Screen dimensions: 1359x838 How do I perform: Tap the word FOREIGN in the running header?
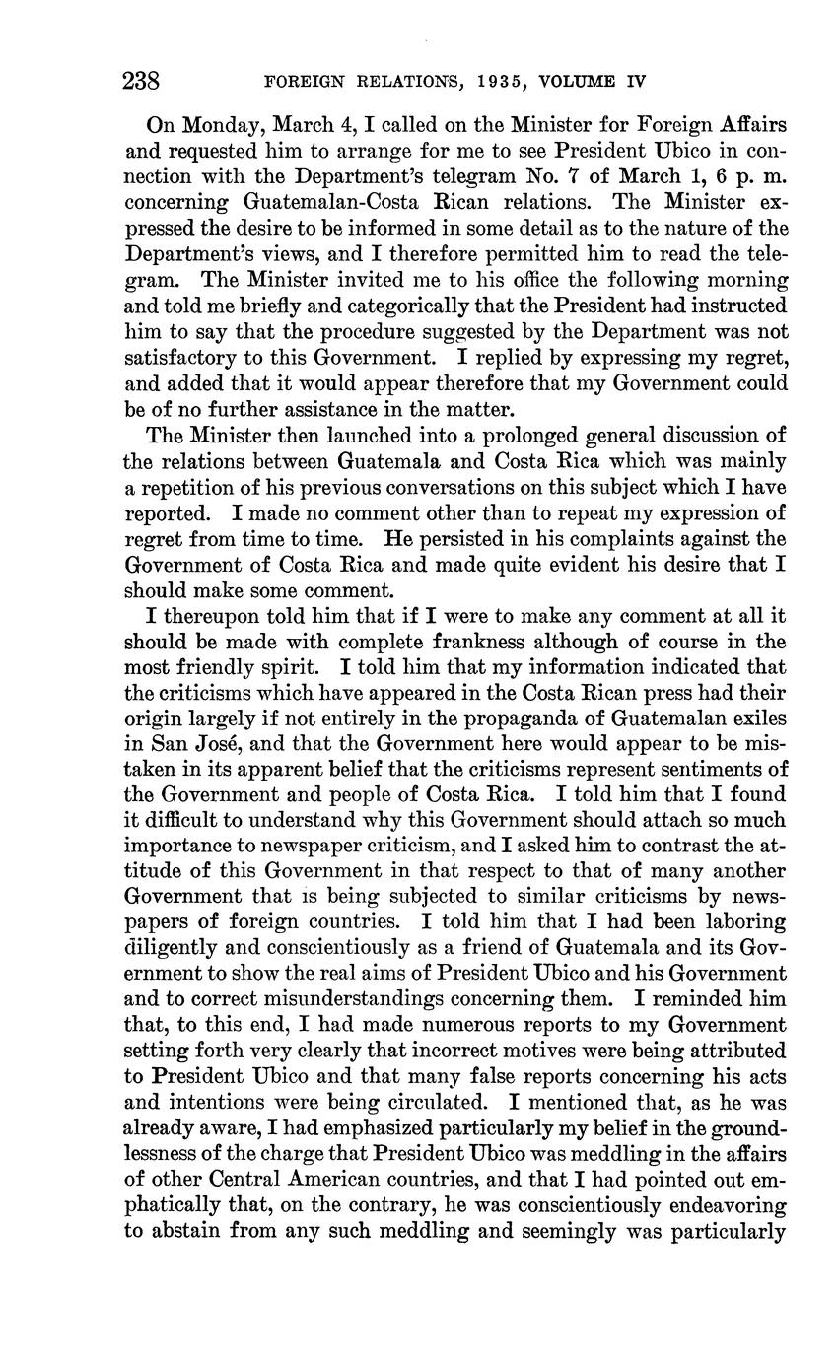(304, 82)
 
